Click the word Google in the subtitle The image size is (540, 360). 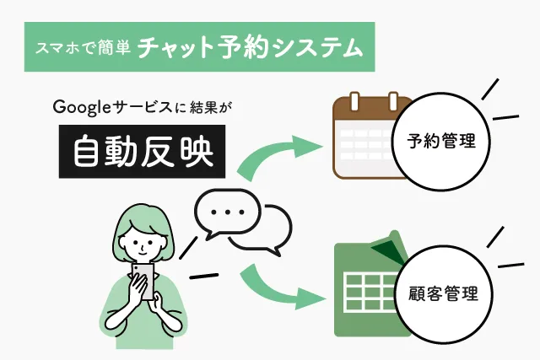click(x=78, y=107)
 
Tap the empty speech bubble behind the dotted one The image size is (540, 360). click(x=270, y=232)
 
